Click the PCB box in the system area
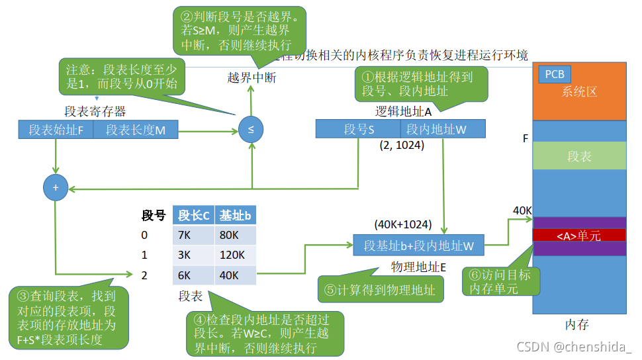tap(555, 74)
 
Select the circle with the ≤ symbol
tap(251, 129)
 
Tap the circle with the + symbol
tap(56, 188)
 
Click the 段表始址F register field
tap(56, 130)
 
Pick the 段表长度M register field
tap(136, 130)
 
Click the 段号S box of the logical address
tap(358, 129)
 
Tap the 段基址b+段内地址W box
tap(419, 246)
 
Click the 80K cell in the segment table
tap(235, 235)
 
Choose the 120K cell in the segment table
tap(235, 255)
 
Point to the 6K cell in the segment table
tap(193, 275)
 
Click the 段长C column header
tap(193, 215)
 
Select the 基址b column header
tap(235, 215)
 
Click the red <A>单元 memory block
tap(579, 235)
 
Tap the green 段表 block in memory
tap(579, 156)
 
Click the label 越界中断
tap(252, 77)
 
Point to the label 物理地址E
tap(418, 267)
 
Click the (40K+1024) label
tap(403, 224)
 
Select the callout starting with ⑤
tap(381, 289)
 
